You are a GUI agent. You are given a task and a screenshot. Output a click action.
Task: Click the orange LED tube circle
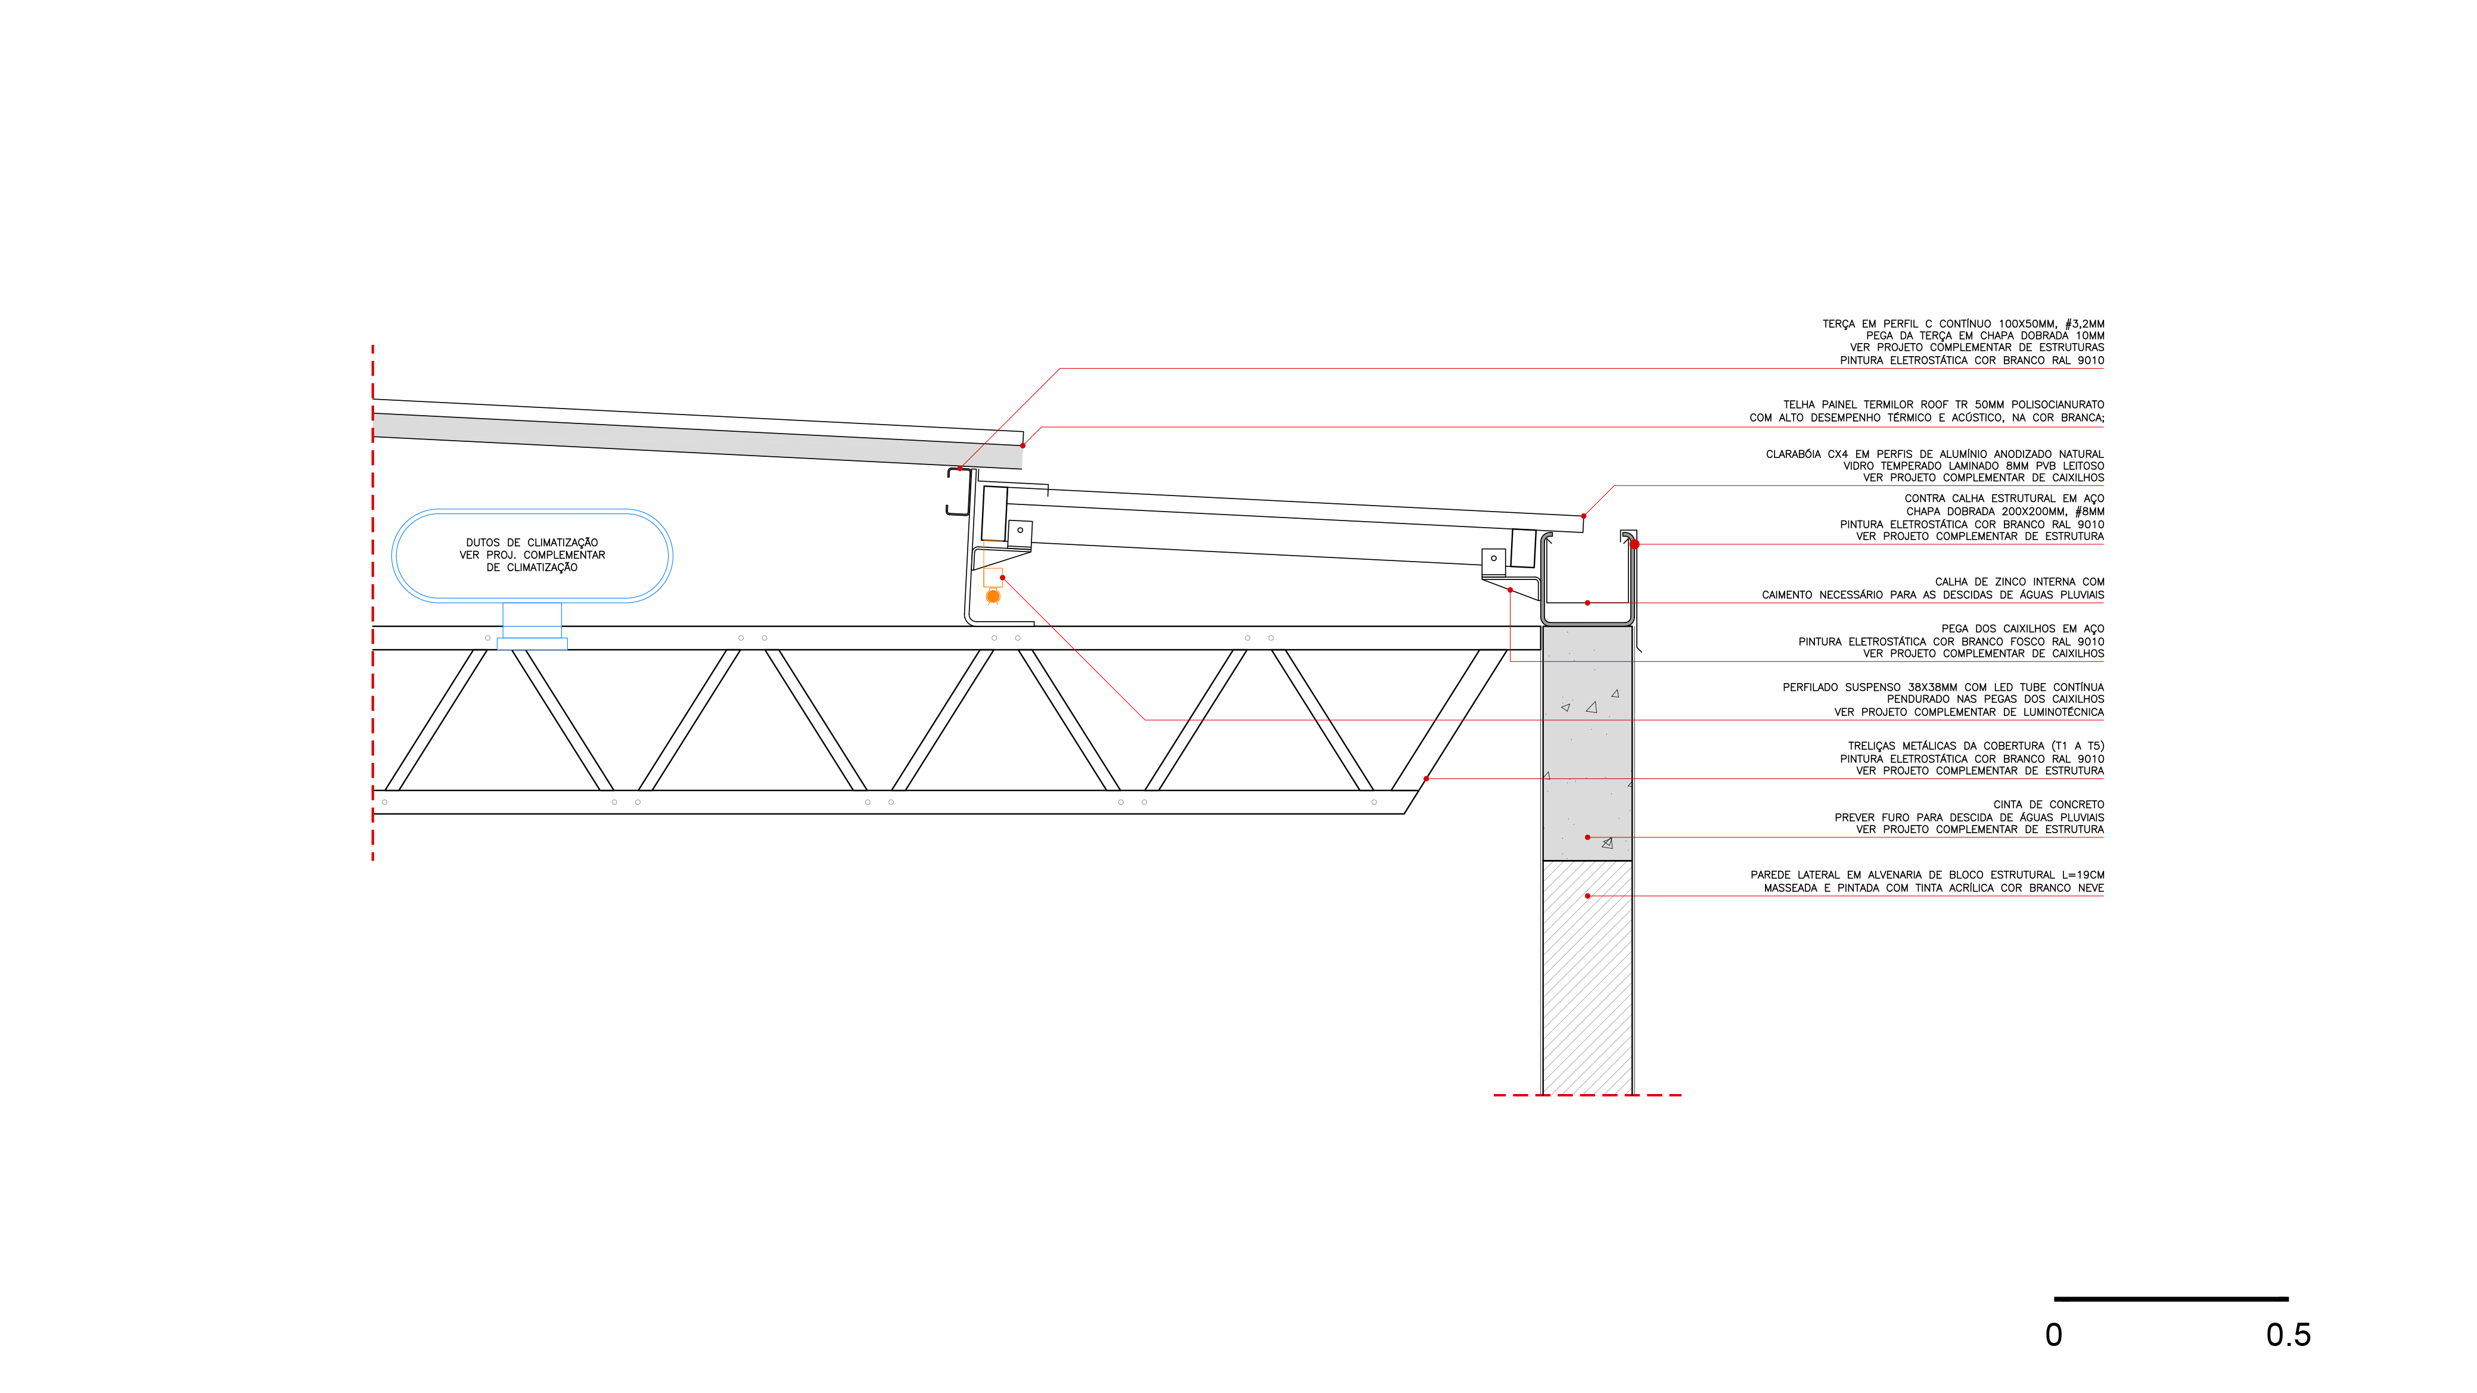993,597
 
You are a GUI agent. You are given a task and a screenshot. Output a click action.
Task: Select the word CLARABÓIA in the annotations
1794,454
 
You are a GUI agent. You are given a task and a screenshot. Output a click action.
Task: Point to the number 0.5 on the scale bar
2288,1335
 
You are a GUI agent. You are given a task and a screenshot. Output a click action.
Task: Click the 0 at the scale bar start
2054,1335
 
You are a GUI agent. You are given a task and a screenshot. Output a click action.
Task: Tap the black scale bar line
2171,1299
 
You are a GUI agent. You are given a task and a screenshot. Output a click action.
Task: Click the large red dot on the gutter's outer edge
1634,544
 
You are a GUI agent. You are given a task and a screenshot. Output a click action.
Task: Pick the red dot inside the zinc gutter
1587,603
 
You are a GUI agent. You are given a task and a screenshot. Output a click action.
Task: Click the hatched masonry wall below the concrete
1587,978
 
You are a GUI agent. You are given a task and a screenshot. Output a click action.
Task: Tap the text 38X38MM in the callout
1933,687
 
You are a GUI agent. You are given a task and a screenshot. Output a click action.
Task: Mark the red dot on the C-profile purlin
960,468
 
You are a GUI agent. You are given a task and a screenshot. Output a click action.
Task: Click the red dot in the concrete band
1587,837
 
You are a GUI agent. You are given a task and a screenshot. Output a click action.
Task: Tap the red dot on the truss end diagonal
1426,779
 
